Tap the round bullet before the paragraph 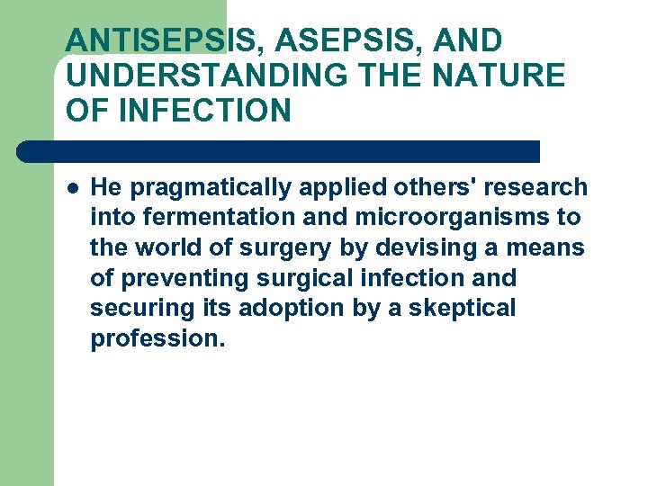click(x=72, y=188)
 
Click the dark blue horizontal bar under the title click(x=279, y=151)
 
